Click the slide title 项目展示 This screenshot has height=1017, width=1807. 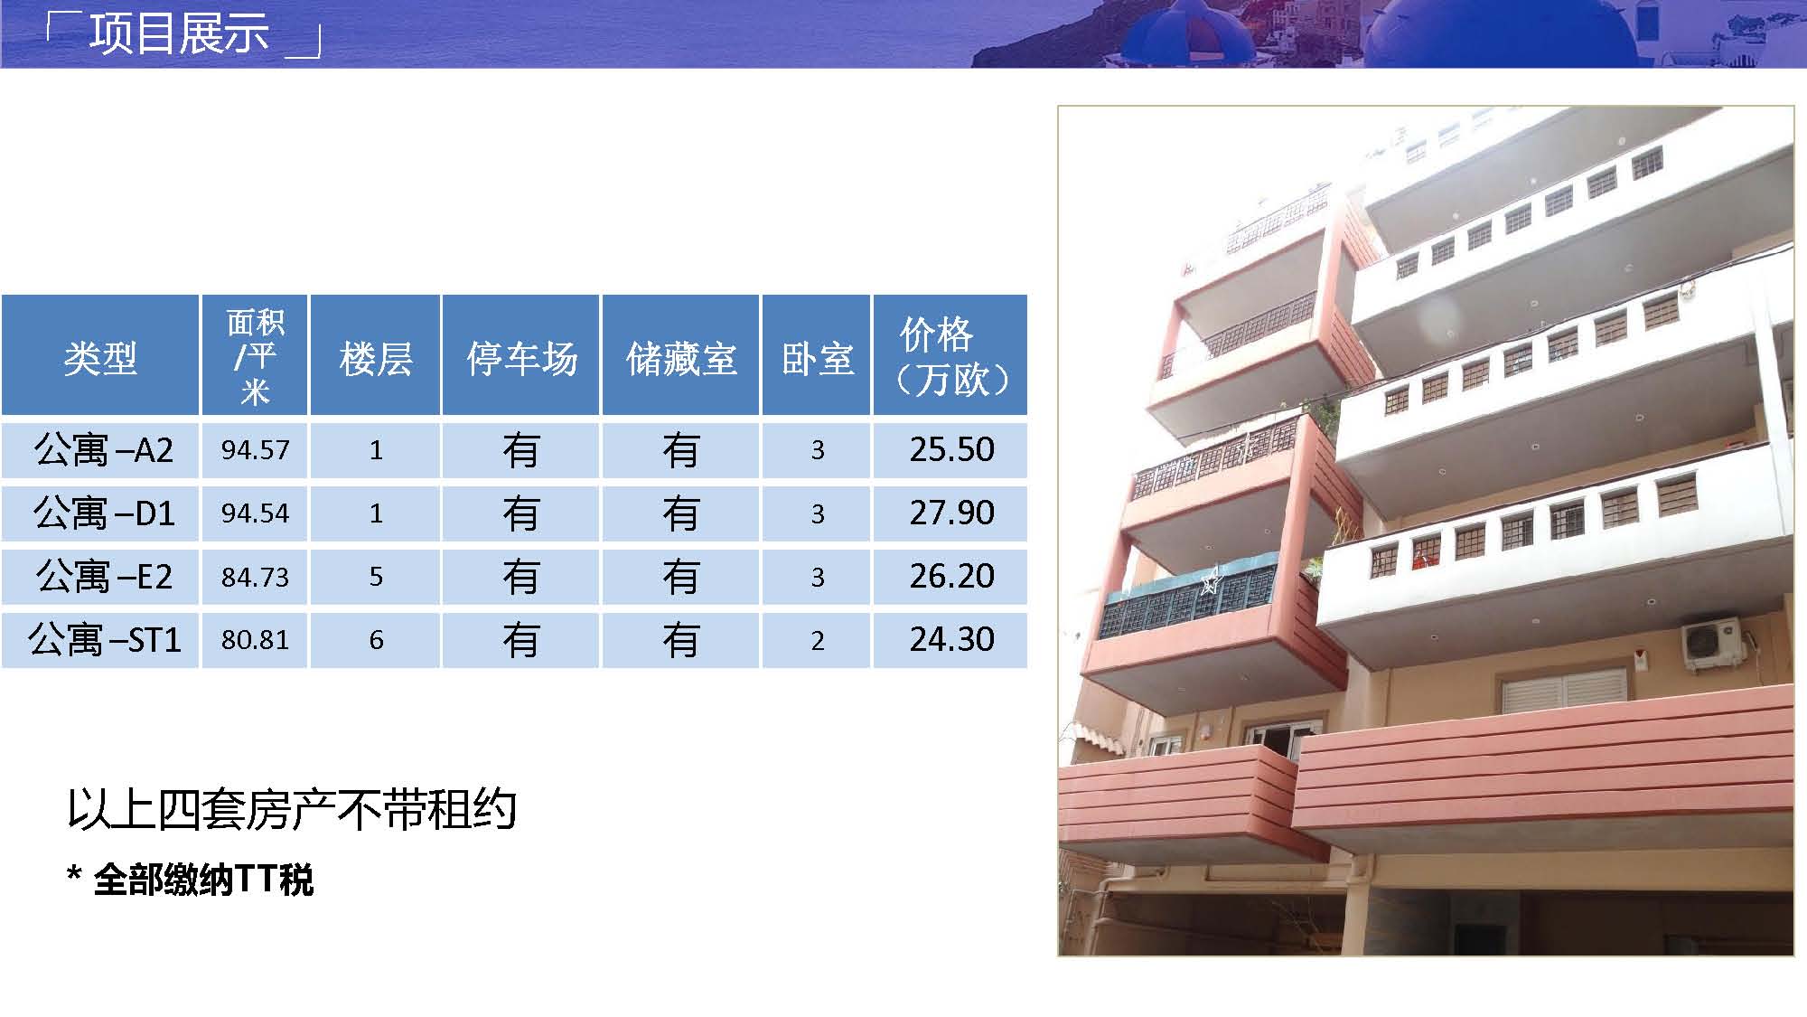click(179, 33)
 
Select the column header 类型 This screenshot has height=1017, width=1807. click(100, 358)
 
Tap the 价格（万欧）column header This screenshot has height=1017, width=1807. click(950, 356)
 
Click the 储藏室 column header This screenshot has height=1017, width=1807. click(681, 358)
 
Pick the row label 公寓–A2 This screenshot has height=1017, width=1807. click(103, 449)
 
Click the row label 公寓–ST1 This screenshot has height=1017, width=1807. click(104, 639)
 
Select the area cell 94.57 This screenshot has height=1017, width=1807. click(256, 449)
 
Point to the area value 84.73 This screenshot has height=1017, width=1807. click(256, 577)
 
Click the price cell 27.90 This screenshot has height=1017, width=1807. click(951, 513)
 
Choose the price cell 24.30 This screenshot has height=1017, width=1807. click(951, 639)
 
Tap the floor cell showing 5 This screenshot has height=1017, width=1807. click(376, 577)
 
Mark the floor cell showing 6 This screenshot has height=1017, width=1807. click(376, 640)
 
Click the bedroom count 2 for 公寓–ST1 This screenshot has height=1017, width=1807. click(817, 640)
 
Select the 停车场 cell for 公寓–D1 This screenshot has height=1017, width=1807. click(521, 513)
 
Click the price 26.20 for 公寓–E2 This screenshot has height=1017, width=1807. click(951, 576)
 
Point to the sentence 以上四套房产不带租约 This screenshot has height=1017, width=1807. click(292, 808)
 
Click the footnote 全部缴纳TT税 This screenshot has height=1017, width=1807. click(203, 879)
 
